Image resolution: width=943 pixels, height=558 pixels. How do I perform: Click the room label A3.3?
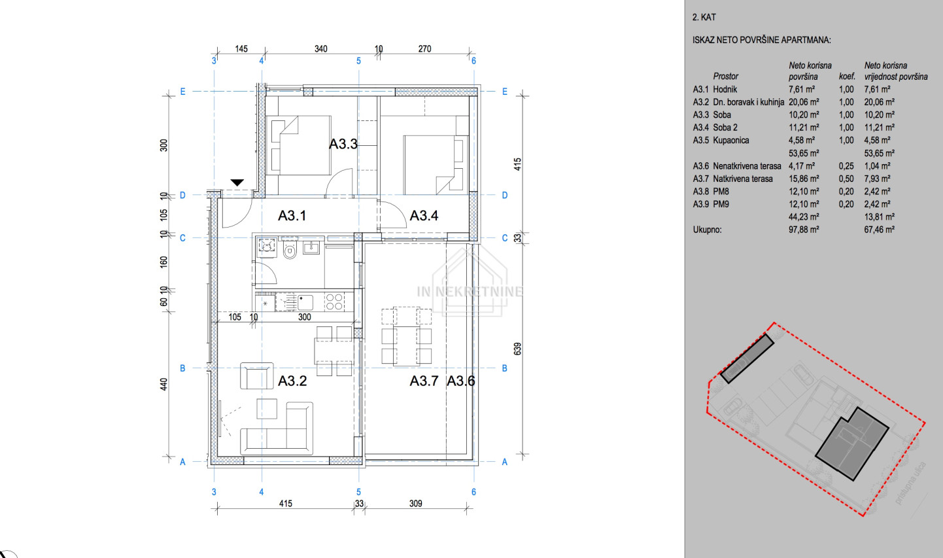(343, 144)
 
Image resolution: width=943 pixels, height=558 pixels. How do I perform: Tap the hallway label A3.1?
(292, 216)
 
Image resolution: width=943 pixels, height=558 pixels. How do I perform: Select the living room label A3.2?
(292, 381)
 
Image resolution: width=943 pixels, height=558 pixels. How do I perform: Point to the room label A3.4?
(424, 216)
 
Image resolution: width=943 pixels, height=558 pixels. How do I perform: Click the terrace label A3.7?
(424, 381)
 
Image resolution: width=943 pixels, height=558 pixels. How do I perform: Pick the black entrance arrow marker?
(237, 183)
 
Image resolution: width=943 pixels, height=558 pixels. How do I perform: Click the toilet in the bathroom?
(290, 250)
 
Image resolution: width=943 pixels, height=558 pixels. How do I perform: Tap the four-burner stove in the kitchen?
(334, 302)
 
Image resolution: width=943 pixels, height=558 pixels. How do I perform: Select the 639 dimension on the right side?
(518, 349)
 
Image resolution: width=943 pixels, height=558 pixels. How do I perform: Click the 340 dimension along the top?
(321, 49)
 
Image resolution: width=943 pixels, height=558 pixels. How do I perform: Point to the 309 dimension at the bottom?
(415, 503)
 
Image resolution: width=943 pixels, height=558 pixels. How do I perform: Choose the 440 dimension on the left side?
(163, 384)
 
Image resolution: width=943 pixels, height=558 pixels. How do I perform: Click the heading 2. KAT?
(704, 17)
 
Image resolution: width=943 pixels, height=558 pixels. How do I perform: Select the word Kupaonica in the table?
(731, 140)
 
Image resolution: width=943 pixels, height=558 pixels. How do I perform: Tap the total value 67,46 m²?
(880, 230)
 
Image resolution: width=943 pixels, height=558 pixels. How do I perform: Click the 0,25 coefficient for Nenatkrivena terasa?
(846, 166)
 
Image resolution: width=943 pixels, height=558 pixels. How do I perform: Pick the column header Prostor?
(725, 77)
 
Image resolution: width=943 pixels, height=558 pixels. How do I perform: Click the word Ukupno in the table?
(708, 230)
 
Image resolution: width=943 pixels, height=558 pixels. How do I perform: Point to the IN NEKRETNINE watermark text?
(470, 291)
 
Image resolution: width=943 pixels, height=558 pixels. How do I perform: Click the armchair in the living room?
(257, 375)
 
